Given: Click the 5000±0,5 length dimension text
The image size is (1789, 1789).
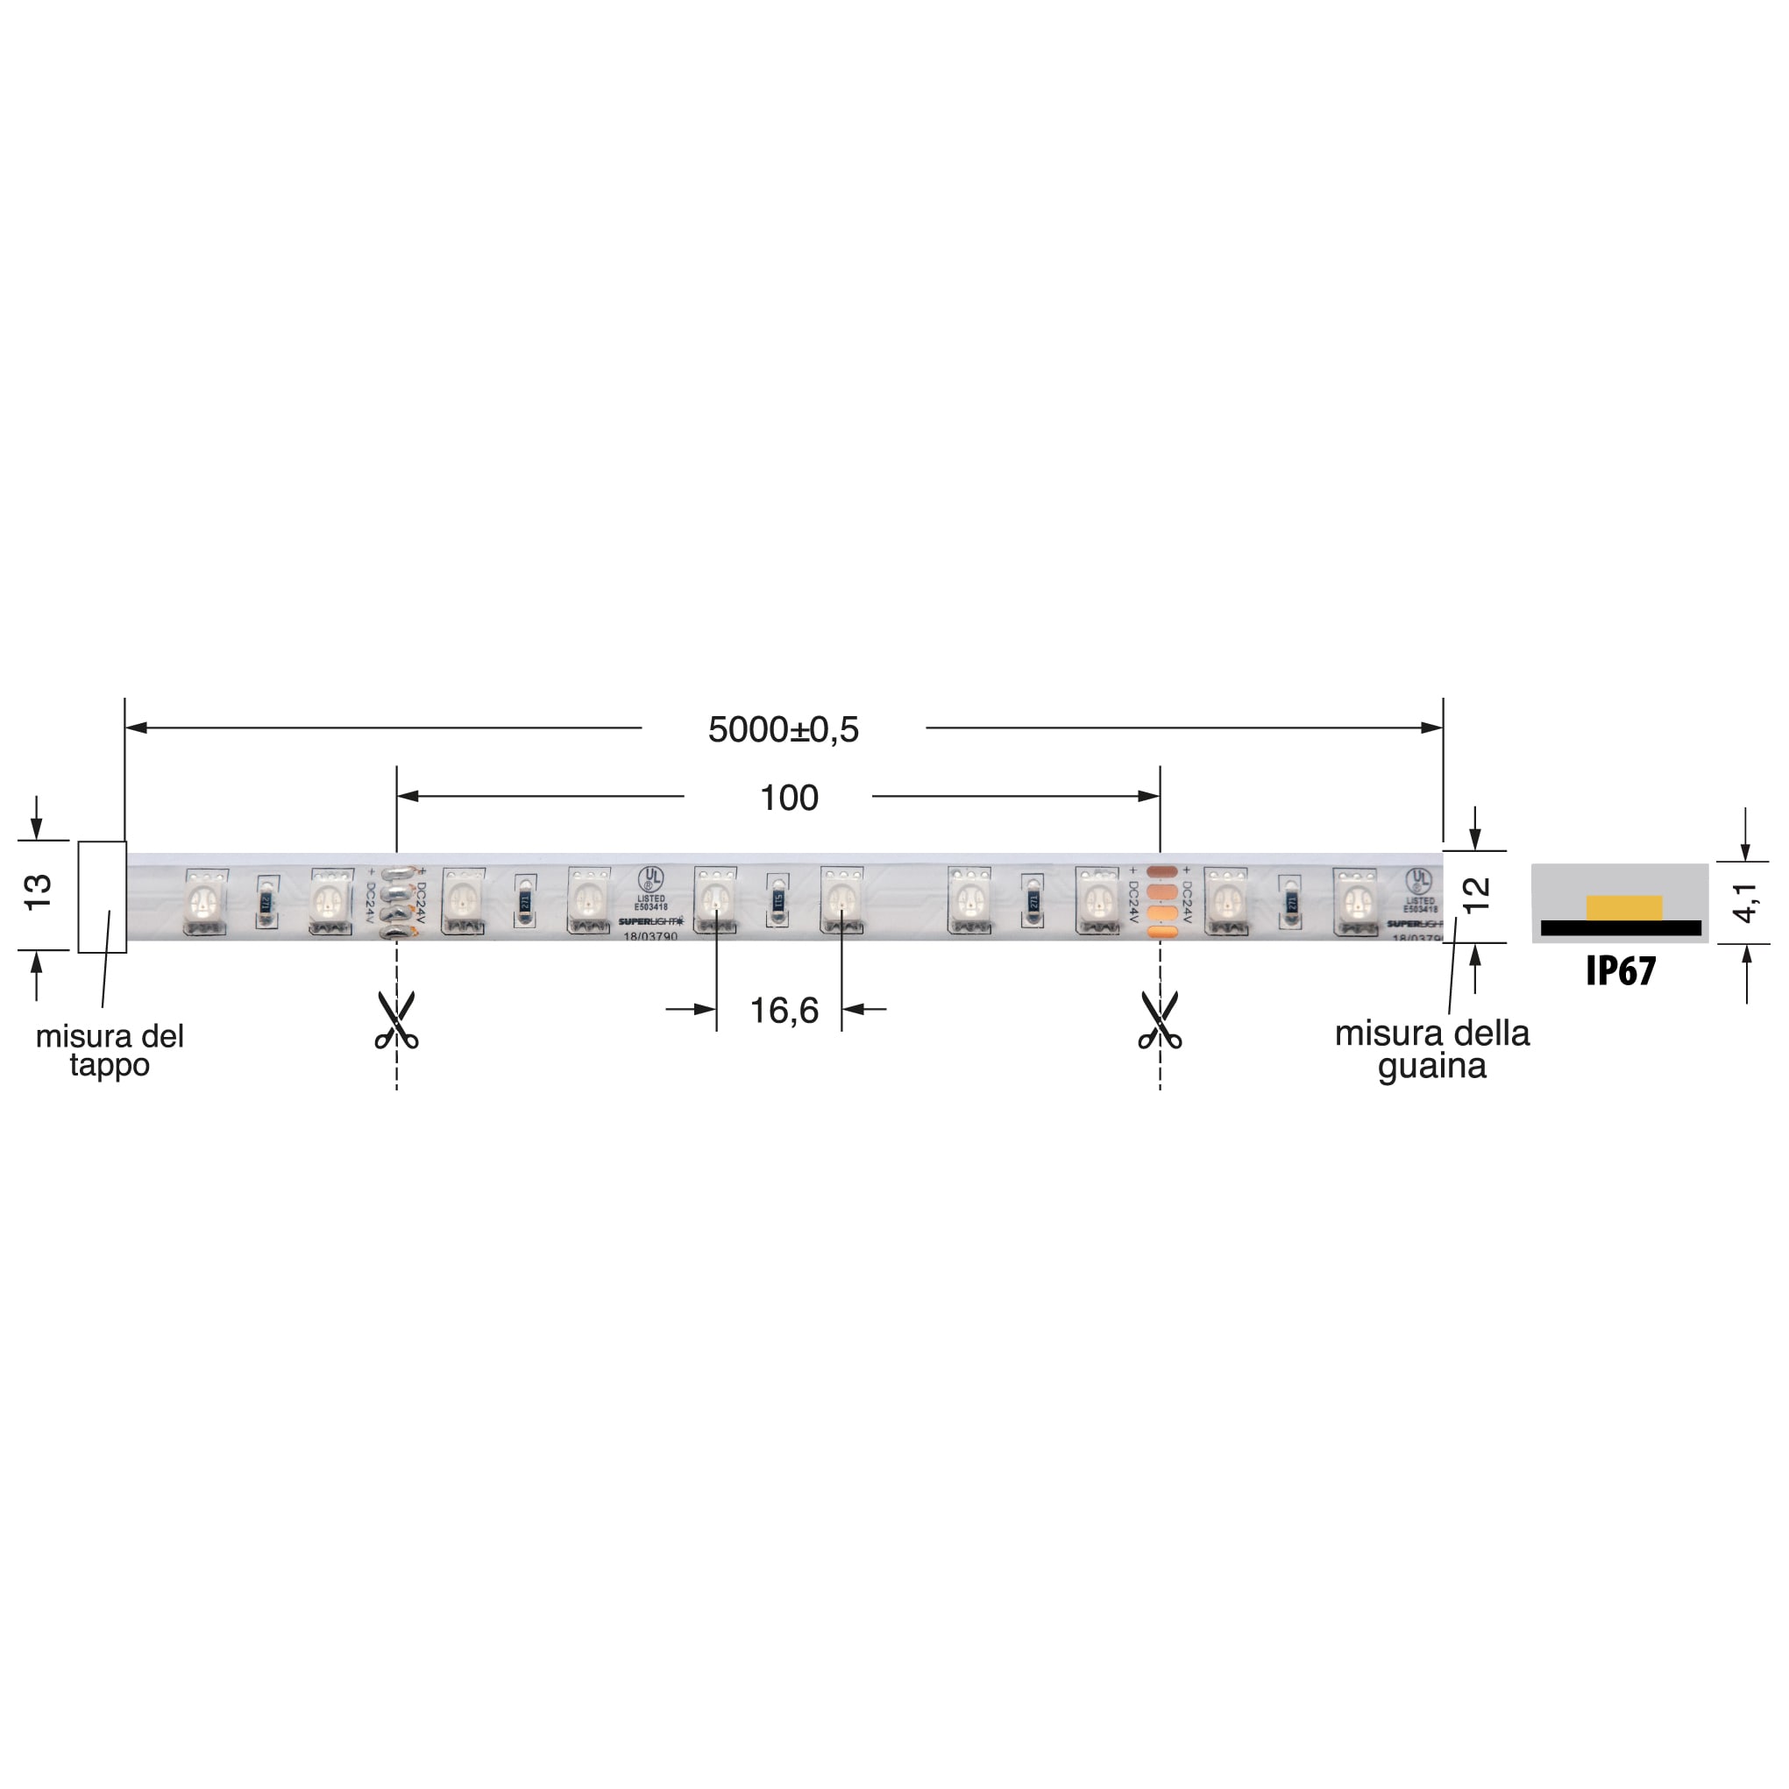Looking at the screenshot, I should click(x=784, y=729).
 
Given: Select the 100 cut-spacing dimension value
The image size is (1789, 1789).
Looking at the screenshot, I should click(x=789, y=798).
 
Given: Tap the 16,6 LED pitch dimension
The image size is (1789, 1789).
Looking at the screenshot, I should click(x=784, y=1011).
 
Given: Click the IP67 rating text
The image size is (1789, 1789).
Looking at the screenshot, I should click(x=1621, y=970).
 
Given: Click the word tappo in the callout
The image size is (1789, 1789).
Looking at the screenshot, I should click(x=110, y=1065).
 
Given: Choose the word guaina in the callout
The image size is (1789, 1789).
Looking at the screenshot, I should click(x=1431, y=1066).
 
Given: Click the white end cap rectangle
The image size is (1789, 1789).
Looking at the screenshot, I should click(x=102, y=897).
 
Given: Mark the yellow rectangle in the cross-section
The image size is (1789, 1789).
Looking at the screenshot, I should click(x=1624, y=907).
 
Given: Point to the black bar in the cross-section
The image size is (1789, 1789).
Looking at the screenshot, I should click(x=1621, y=928).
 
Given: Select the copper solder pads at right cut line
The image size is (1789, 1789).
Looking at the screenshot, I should click(x=1161, y=901).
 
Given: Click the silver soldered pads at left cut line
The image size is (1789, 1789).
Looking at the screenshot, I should click(x=396, y=901).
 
